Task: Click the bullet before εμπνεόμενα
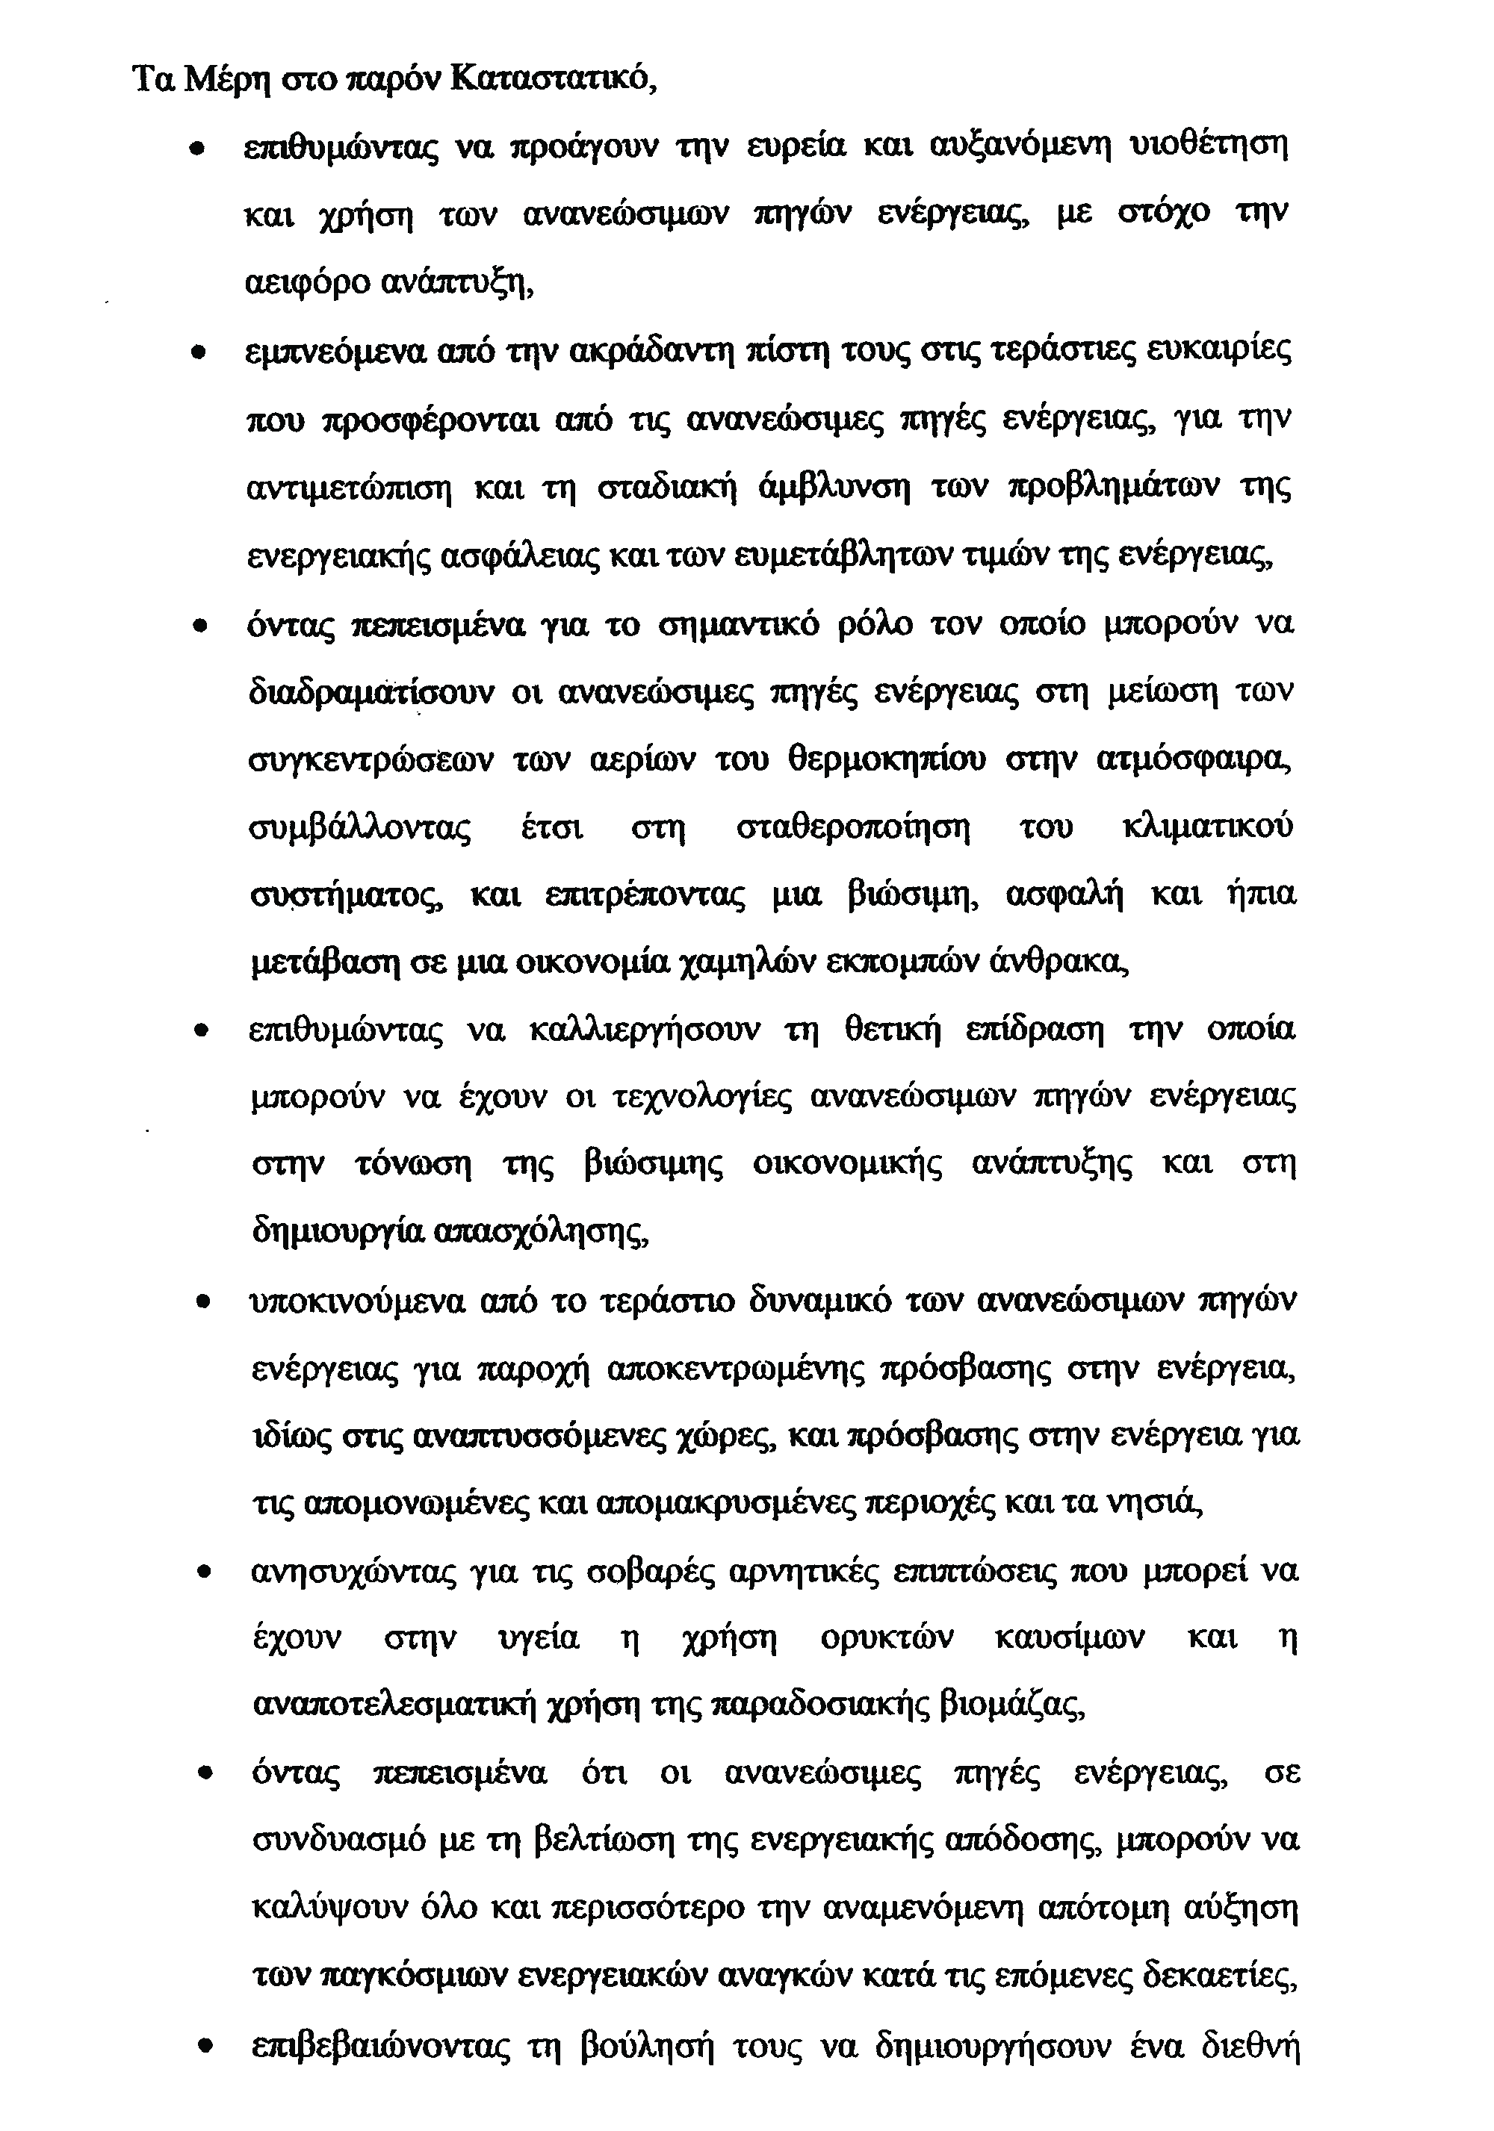[197, 354]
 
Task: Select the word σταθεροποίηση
[852, 827]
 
